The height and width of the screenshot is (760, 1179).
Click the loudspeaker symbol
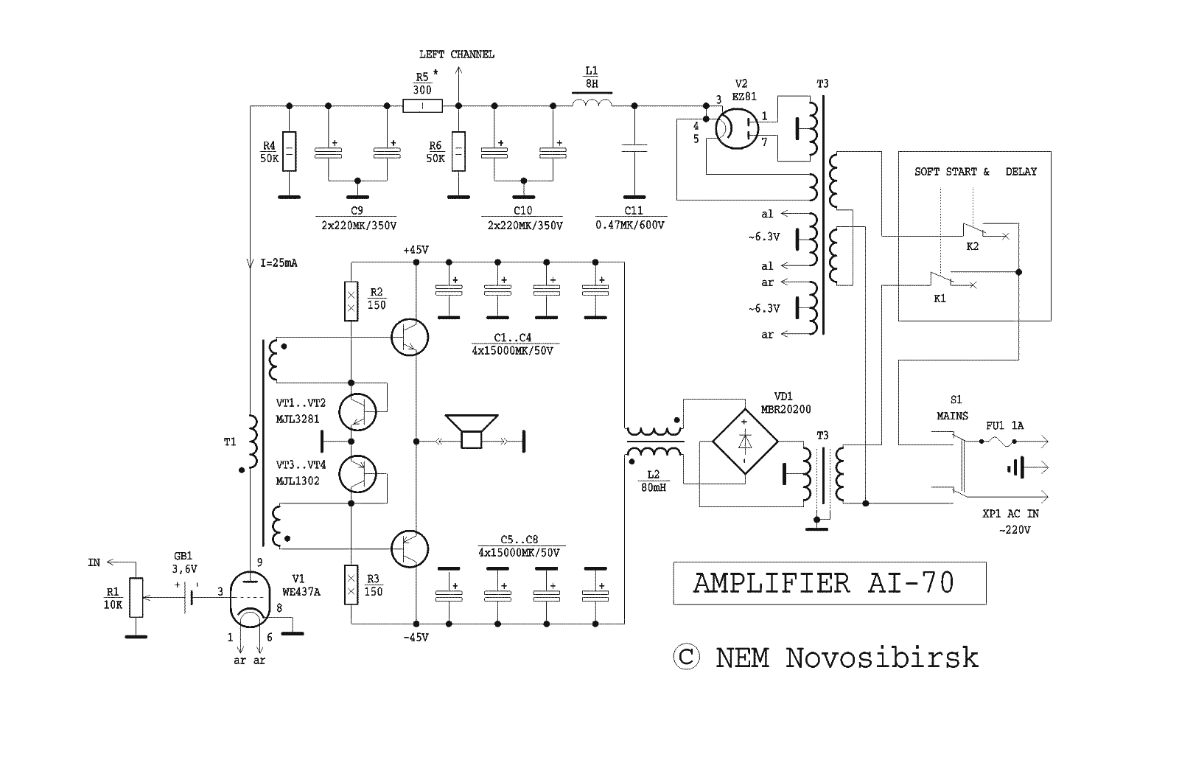click(x=471, y=431)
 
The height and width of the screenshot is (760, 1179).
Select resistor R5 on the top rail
click(x=423, y=106)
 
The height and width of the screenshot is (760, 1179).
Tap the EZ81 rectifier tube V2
click(x=737, y=128)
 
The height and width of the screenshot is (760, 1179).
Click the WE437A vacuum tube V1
click(x=250, y=600)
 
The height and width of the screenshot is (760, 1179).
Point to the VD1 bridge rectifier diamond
click(x=745, y=442)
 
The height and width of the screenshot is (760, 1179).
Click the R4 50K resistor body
click(x=289, y=152)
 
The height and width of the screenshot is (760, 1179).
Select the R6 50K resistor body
click(x=458, y=152)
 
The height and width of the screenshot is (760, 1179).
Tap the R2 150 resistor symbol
click(x=351, y=301)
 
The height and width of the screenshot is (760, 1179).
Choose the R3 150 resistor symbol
click(x=351, y=585)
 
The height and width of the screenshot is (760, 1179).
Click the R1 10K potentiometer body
click(x=136, y=597)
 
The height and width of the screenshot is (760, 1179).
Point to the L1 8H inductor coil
click(x=592, y=102)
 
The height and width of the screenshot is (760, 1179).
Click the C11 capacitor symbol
click(x=634, y=148)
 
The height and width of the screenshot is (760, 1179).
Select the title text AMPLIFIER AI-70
click(x=824, y=583)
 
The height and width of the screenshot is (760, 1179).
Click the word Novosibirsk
click(x=882, y=658)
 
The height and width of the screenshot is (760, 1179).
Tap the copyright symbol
click(x=686, y=657)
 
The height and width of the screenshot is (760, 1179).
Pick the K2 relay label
click(x=972, y=246)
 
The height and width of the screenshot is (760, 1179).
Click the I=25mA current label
click(x=279, y=263)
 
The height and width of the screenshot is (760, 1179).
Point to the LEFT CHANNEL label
click(x=457, y=55)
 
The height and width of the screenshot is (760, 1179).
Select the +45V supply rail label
click(x=416, y=250)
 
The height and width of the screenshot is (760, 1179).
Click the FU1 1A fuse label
click(x=1005, y=425)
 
